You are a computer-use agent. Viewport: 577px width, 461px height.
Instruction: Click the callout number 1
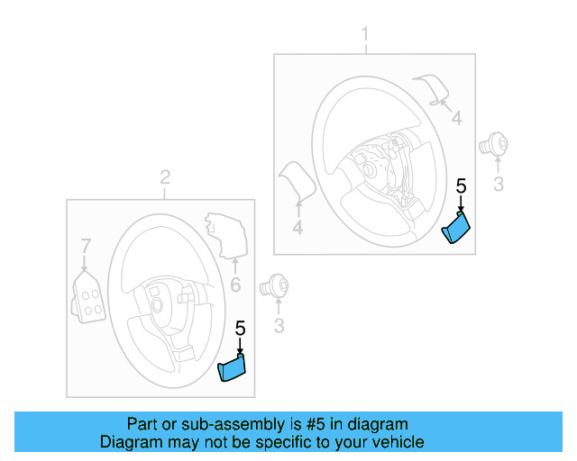[x=365, y=35]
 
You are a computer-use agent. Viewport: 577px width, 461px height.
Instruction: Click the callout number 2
[x=165, y=177]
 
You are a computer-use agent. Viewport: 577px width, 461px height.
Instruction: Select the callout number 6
[x=234, y=285]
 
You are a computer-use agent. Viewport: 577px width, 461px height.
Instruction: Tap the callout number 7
[x=86, y=246]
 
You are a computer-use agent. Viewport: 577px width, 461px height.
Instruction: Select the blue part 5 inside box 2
[x=233, y=367]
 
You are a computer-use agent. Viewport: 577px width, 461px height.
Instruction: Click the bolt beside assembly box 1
[x=495, y=142]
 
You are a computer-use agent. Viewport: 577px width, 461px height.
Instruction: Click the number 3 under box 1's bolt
[x=496, y=185]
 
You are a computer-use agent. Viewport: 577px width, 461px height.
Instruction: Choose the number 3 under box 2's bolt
[x=279, y=326]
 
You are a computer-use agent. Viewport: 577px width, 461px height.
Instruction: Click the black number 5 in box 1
[x=461, y=187]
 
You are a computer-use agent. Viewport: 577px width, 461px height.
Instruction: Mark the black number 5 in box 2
[x=240, y=329]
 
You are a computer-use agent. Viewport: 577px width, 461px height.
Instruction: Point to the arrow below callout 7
[x=84, y=263]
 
